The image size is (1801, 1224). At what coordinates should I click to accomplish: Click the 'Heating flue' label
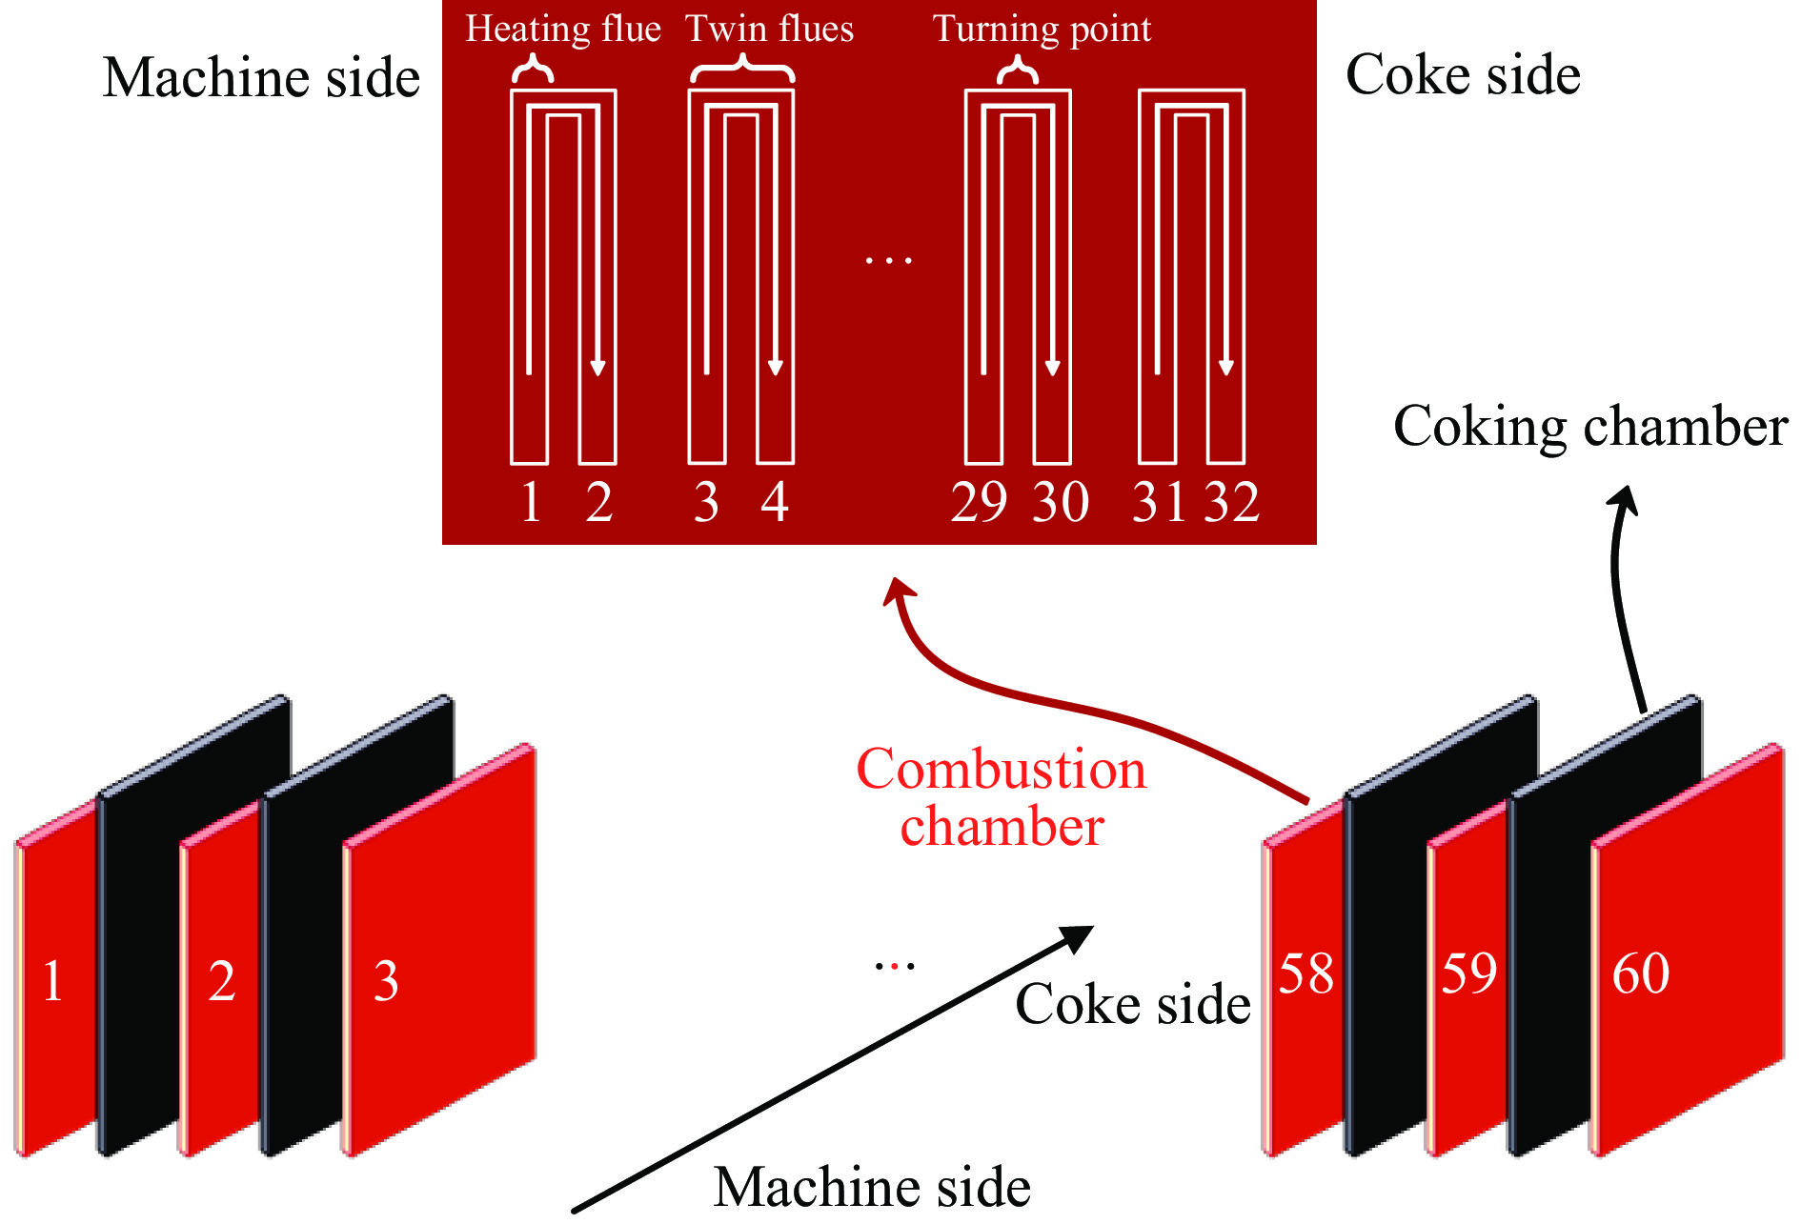pos(562,30)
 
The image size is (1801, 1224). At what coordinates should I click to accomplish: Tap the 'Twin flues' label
pos(769,30)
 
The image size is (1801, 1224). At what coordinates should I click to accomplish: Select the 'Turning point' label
pos(1042,30)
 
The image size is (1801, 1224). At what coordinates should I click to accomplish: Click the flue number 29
pos(979,502)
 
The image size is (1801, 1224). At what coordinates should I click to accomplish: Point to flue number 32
pos(1232,502)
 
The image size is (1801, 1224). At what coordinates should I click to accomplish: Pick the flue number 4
pos(775,502)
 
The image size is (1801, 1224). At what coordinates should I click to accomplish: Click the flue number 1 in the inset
pos(532,502)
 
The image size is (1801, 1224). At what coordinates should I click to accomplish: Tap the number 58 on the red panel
pos(1305,973)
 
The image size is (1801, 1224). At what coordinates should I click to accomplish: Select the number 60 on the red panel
pos(1640,973)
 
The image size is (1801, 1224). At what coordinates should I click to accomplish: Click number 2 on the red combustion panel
pos(221,980)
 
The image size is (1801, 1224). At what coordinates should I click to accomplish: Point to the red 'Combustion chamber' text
pos(1001,797)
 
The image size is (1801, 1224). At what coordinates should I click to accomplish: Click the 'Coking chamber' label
pos(1589,426)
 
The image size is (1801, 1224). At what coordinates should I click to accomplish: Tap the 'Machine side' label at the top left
pos(261,77)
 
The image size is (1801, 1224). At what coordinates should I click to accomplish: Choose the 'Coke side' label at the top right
pos(1463,74)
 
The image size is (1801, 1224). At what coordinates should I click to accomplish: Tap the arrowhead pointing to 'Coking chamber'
pos(1624,499)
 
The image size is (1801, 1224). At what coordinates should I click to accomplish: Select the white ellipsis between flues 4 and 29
pos(888,259)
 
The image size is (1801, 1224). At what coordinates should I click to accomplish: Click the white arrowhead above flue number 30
pos(1052,368)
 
